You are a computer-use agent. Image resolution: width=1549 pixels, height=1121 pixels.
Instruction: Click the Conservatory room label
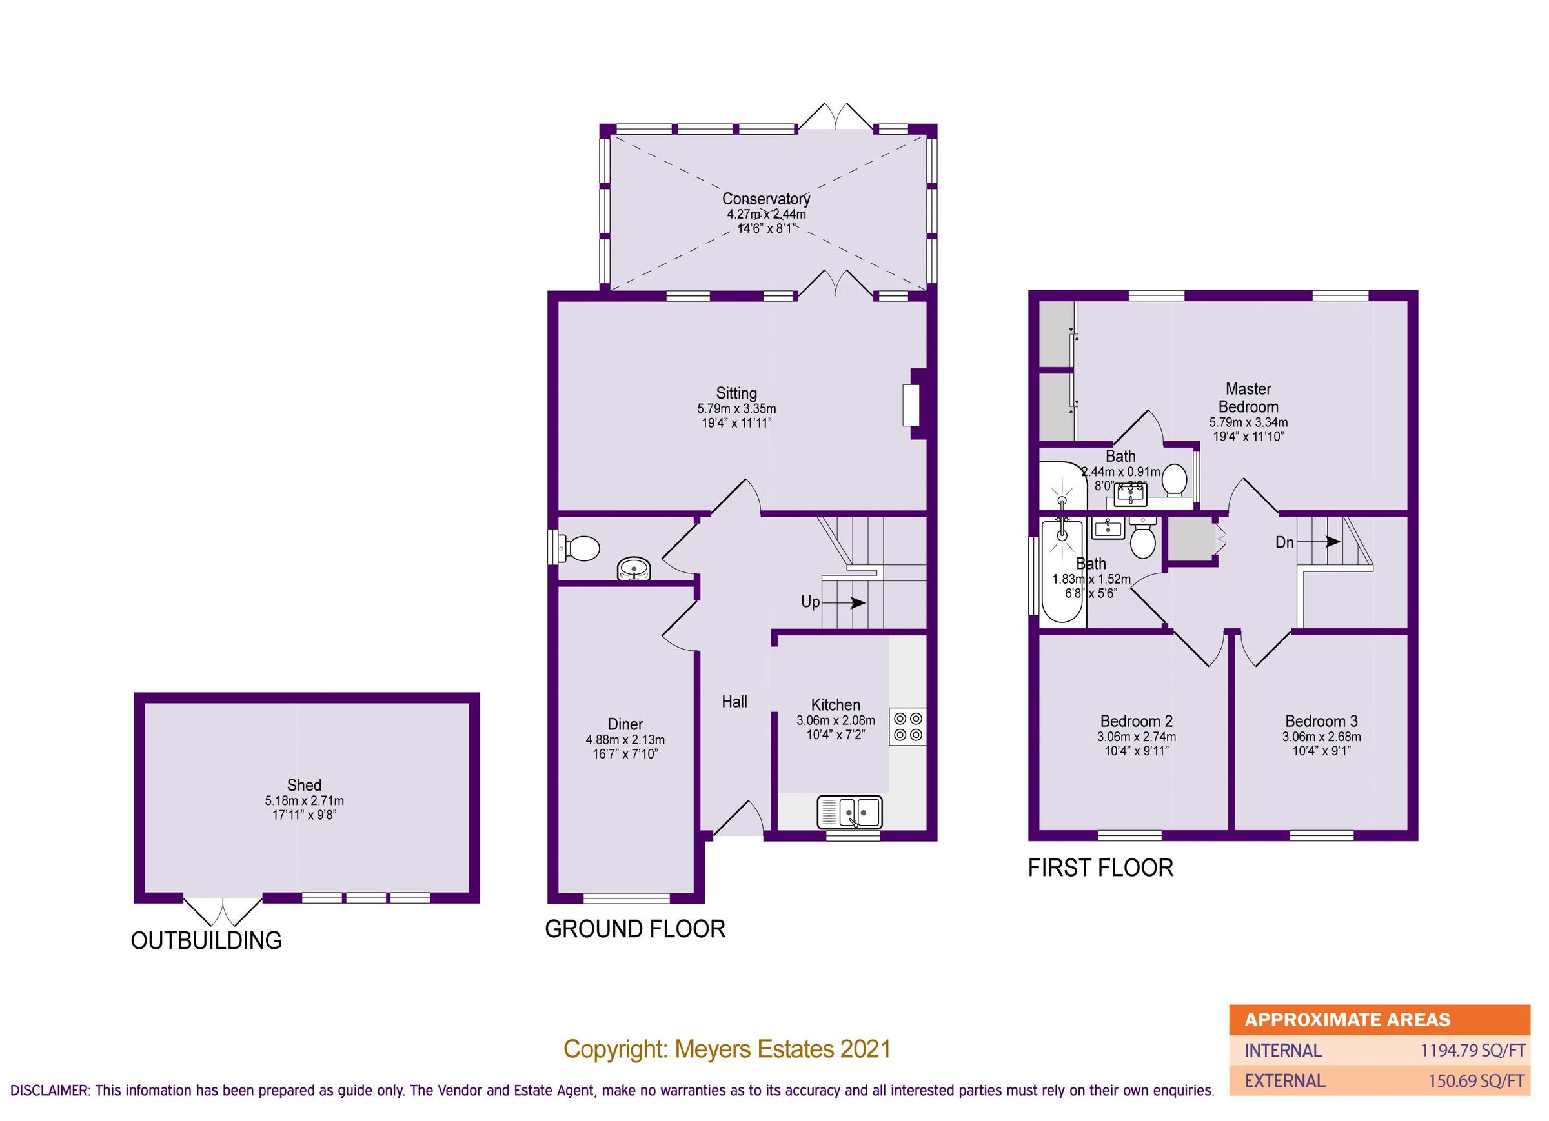pos(765,199)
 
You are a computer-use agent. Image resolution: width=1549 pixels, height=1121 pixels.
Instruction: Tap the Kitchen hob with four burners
pos(907,726)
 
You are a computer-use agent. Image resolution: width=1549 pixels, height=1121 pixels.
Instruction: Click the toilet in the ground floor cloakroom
pos(580,548)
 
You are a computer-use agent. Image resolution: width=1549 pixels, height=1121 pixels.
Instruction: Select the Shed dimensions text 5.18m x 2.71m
pos(304,800)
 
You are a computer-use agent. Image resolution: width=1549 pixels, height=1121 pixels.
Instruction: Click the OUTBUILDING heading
pos(207,941)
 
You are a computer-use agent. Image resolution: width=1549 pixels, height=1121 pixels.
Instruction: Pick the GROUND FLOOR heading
pos(634,929)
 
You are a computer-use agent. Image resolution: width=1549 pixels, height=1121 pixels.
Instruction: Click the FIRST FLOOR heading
pos(1100,868)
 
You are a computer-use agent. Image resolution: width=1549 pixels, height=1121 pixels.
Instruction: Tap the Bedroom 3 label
pos(1321,721)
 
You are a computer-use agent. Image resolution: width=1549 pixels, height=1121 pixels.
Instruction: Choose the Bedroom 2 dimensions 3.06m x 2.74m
pos(1136,737)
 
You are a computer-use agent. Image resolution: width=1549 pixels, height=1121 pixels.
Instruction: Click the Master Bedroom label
pos(1248,397)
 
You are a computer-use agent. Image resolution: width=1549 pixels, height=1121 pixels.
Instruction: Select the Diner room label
pos(625,724)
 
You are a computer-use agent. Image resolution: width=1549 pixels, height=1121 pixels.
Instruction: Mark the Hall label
pos(734,701)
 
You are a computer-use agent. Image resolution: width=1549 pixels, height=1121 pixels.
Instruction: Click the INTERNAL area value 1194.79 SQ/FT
pos(1472,1051)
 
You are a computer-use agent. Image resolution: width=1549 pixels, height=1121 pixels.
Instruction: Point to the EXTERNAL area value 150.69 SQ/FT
pos(1476,1082)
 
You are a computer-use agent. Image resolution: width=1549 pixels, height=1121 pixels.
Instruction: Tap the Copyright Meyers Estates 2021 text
pos(727,1049)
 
